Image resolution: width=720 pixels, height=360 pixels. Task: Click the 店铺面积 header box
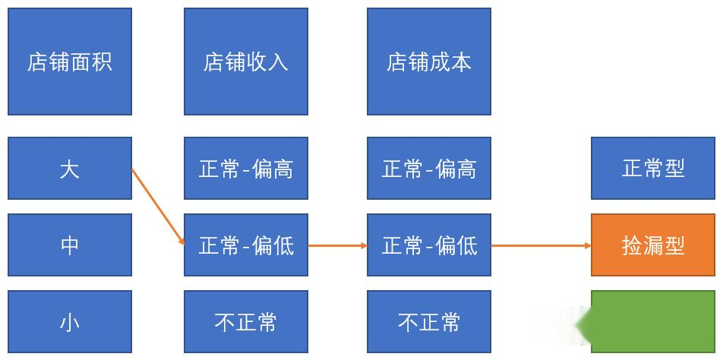[70, 62]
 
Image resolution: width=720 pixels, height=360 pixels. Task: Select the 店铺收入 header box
[246, 62]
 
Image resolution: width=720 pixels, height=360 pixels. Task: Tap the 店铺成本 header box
[429, 62]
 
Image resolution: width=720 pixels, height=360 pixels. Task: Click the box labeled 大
[70, 168]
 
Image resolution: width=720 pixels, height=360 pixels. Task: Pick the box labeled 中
[70, 245]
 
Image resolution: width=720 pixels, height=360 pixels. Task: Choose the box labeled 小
[70, 321]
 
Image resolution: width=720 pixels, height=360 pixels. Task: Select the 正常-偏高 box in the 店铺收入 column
[246, 168]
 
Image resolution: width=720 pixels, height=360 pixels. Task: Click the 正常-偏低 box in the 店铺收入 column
[246, 245]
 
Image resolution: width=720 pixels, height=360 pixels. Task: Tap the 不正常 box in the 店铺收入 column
[246, 321]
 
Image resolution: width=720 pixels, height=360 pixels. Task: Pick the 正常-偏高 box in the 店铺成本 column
[429, 168]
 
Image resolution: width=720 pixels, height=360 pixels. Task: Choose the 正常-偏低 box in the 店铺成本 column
[429, 245]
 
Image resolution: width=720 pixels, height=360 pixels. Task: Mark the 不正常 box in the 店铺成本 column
[429, 321]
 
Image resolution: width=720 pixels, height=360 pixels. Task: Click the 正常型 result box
[653, 168]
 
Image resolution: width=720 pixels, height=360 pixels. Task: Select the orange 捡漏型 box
[653, 245]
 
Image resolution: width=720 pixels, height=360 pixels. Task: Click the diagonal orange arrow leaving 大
[158, 207]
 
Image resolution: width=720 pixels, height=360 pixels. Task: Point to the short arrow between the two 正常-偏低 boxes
[337, 245]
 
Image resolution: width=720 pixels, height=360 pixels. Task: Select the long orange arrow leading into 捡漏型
[541, 245]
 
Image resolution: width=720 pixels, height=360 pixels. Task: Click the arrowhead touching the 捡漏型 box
[588, 245]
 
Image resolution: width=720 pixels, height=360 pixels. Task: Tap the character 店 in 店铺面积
[37, 62]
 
